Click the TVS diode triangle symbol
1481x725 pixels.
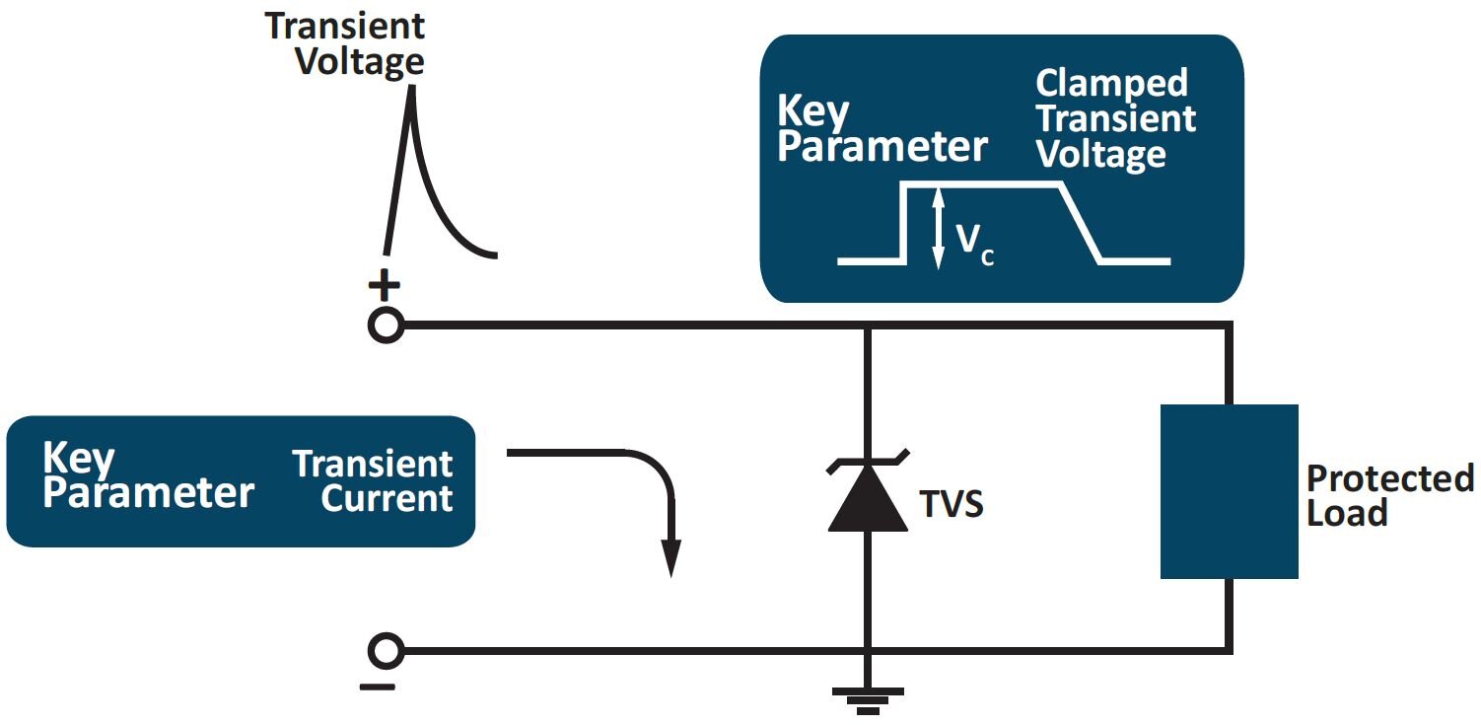867,498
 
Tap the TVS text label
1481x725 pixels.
952,505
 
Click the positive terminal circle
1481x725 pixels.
386,326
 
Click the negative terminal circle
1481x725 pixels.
386,651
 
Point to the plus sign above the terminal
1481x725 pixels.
384,286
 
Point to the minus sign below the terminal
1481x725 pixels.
378,687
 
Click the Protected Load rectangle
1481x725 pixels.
1229,491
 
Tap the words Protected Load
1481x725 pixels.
1388,495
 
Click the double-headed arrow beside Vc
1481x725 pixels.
938,229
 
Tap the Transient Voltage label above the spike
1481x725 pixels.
345,44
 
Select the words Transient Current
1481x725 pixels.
373,480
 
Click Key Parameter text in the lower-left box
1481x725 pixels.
148,475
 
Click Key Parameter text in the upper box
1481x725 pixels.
882,130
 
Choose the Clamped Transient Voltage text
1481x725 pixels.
1114,119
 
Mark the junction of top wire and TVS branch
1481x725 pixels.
867,326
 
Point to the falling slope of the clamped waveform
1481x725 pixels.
1080,224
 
